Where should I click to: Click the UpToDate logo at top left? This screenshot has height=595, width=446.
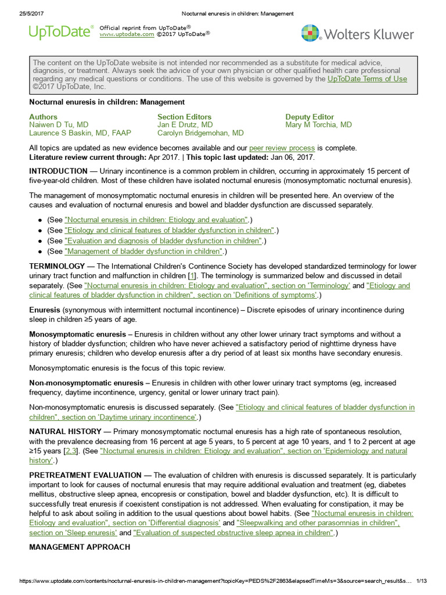tap(61, 33)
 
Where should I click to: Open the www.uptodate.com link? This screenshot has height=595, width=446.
tap(127, 34)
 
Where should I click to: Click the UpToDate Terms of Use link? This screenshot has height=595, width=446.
tap(367, 78)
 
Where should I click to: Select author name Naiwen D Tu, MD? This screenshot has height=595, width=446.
tap(59, 125)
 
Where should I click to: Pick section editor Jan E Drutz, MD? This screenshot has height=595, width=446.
tap(185, 125)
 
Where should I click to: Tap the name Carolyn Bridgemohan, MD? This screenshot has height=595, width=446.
tap(200, 133)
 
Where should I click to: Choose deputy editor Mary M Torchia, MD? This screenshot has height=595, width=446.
tap(318, 125)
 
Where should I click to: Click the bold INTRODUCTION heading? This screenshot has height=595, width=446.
tap(58, 171)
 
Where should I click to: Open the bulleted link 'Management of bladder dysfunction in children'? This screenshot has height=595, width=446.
tap(144, 251)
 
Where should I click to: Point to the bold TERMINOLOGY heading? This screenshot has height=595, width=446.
tap(57, 265)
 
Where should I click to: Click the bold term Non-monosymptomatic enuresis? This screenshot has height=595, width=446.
tap(86, 383)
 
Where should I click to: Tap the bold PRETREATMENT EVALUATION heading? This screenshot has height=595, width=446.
tap(85, 475)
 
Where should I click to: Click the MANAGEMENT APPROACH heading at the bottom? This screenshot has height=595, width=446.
tap(80, 547)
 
